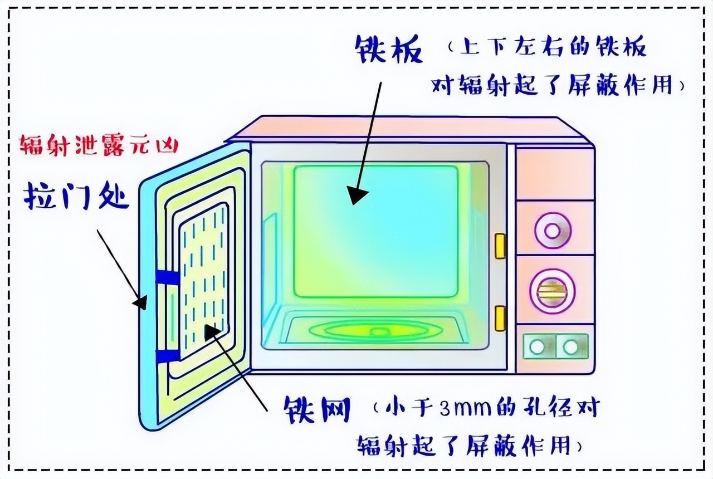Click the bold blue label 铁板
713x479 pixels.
[389, 51]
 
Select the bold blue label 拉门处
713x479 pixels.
[77, 196]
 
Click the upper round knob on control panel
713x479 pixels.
[553, 230]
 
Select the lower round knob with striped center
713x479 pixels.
[552, 289]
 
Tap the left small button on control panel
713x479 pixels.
[537, 346]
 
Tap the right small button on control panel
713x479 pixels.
[570, 346]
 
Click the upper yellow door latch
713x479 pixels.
[500, 246]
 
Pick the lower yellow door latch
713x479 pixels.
[500, 318]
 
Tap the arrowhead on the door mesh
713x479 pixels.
[212, 332]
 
